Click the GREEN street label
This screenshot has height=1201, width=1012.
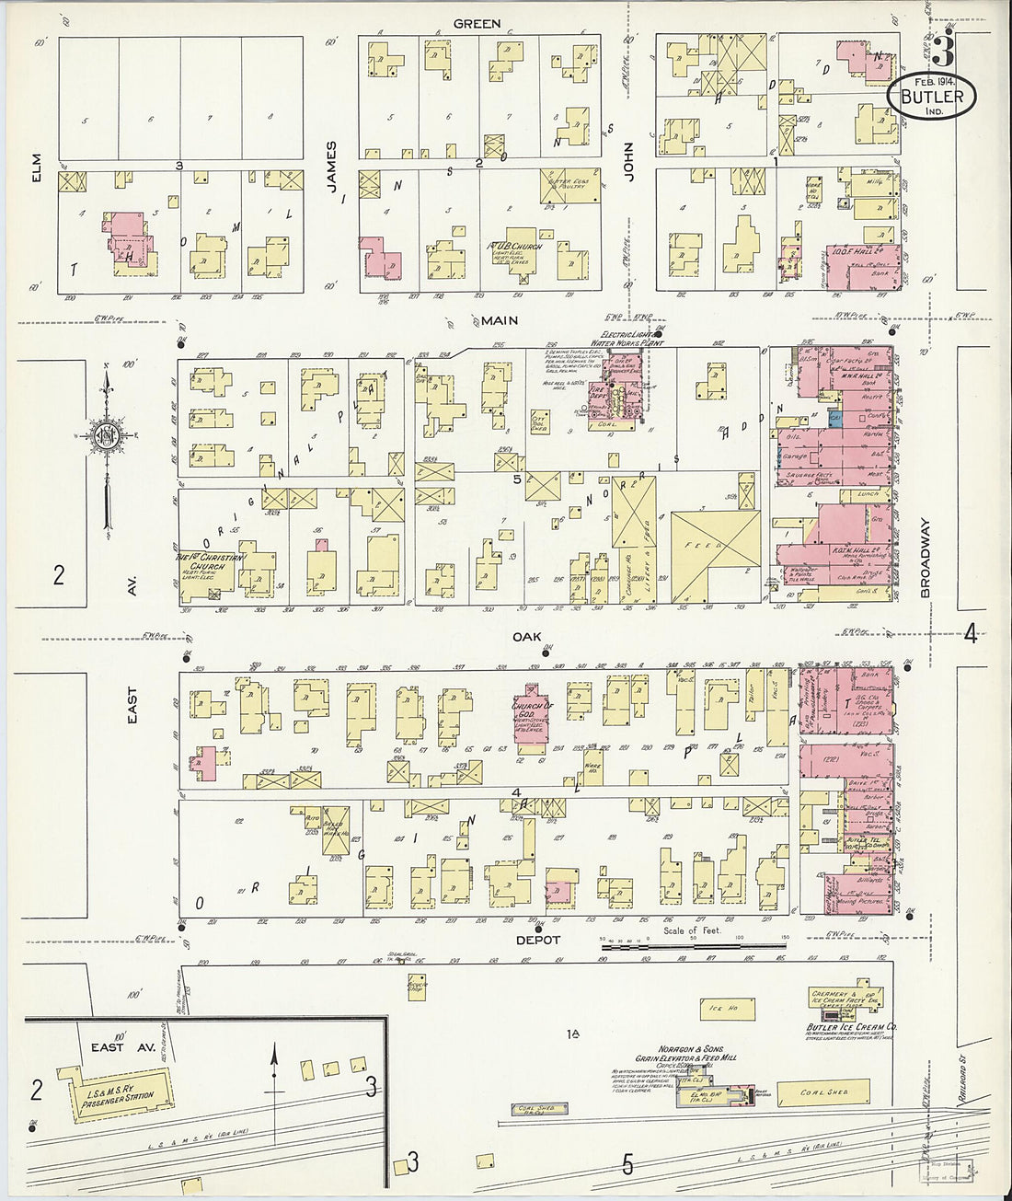click(476, 23)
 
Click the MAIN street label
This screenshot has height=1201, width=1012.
click(500, 321)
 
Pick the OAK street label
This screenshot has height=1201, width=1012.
click(525, 636)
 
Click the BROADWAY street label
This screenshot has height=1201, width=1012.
click(926, 559)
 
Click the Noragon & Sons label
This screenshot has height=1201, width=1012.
click(690, 1048)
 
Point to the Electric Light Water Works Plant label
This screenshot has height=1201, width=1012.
click(631, 339)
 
